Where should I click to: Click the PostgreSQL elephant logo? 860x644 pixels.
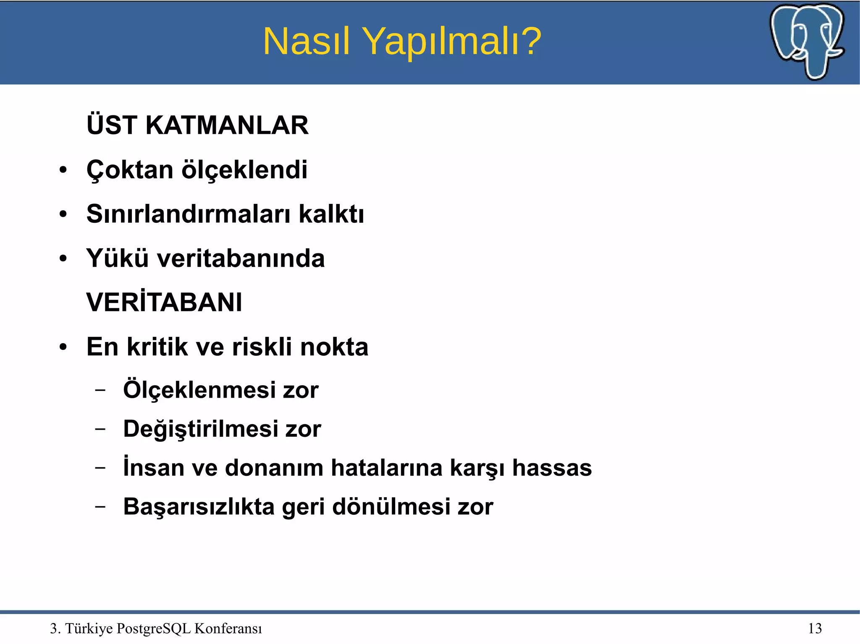[x=807, y=41]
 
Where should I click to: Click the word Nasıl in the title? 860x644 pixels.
[x=306, y=41]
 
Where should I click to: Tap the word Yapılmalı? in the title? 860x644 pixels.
[x=452, y=42]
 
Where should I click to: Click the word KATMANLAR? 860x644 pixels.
[x=227, y=125]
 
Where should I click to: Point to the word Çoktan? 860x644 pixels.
[x=130, y=170]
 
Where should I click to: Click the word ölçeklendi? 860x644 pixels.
[x=244, y=170]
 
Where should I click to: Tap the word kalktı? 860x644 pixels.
[x=331, y=214]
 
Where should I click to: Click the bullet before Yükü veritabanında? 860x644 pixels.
[x=63, y=258]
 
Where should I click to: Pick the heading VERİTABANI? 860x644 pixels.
[x=164, y=302]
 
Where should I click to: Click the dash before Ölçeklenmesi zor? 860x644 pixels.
[x=100, y=390]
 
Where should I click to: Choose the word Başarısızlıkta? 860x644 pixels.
[x=199, y=506]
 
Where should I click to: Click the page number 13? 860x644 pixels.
[x=815, y=628]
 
